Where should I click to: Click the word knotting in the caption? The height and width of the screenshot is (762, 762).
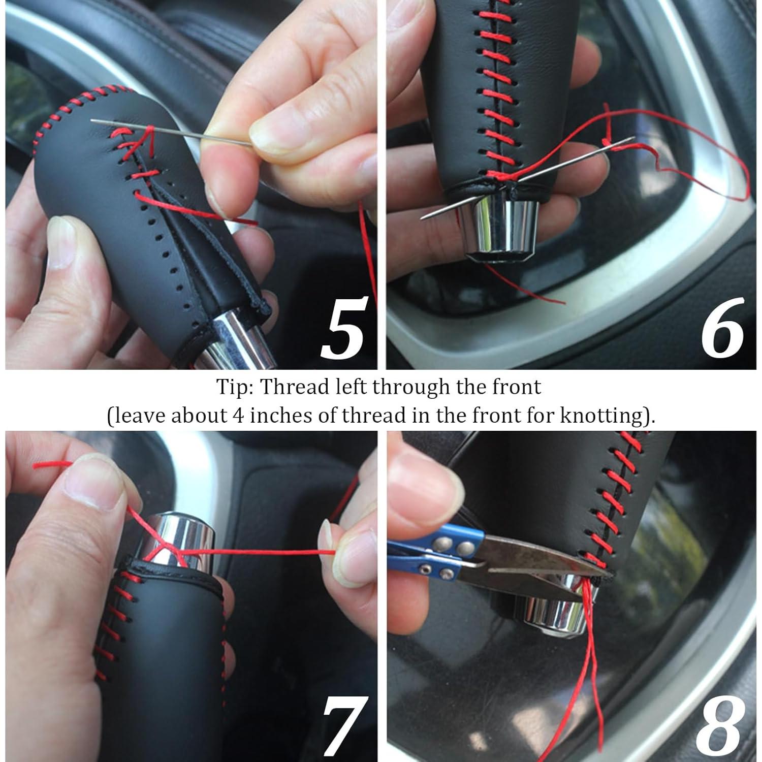(600, 416)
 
